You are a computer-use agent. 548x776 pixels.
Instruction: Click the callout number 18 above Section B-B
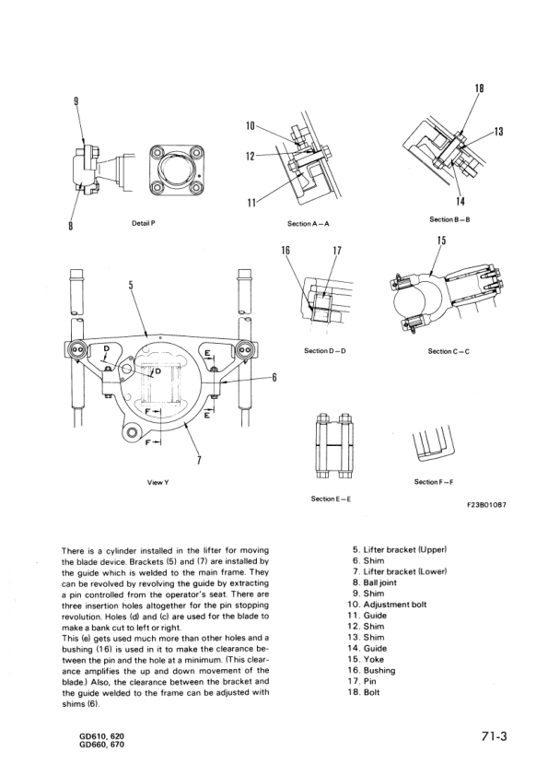tap(479, 88)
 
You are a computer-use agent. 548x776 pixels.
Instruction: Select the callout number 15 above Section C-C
tap(441, 241)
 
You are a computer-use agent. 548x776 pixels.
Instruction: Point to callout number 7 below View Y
tap(200, 461)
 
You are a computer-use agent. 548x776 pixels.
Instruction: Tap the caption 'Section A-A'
tap(309, 223)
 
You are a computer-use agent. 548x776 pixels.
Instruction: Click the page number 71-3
tap(494, 736)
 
